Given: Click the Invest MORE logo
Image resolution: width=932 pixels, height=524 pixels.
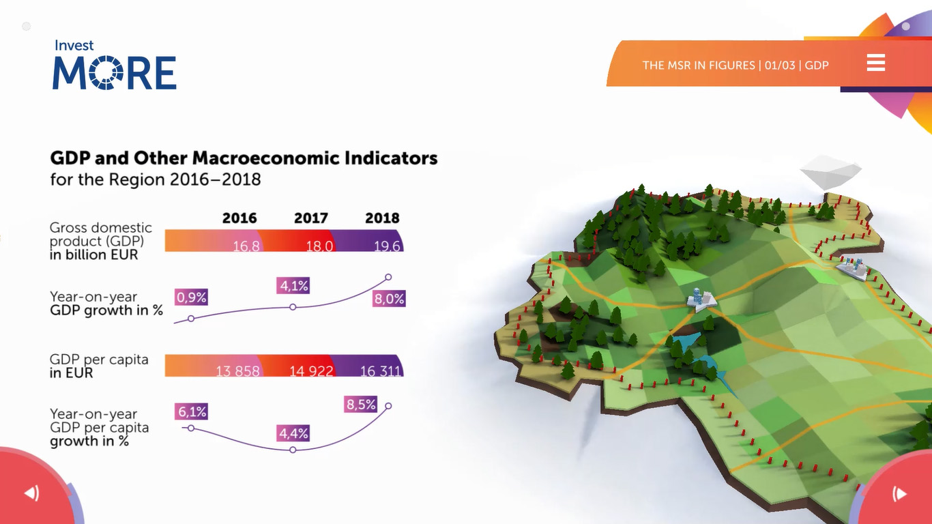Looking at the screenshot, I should point(115,65).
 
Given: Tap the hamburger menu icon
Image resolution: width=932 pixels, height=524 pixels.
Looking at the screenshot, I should point(876,63).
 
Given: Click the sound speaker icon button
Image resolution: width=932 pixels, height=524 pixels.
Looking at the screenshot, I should point(32,493).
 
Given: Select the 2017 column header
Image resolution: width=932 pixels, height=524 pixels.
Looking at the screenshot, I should point(311,218).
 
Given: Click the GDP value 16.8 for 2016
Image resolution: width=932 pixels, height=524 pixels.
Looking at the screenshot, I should point(246,246).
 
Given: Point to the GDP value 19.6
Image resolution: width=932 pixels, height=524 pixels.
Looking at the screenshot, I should point(387,246).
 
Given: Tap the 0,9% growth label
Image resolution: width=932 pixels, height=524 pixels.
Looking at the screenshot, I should point(191,297).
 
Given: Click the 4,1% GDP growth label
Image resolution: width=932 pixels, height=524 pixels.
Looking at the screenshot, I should point(293,286).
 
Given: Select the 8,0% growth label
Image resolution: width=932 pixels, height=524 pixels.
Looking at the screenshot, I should point(389,299).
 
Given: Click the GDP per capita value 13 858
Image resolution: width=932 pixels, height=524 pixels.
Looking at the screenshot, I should point(237,370).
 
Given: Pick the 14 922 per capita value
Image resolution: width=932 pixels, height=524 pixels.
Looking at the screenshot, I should point(311,370).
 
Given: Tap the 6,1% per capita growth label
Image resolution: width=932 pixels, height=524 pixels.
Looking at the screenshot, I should point(191,411).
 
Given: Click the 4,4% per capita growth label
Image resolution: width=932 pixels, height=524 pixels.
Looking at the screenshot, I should point(293,433).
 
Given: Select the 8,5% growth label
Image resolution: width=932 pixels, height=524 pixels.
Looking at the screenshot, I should point(361,405).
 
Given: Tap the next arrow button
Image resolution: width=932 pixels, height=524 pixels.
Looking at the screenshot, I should point(899,493).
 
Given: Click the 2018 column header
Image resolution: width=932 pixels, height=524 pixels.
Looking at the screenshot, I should point(382,218).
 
